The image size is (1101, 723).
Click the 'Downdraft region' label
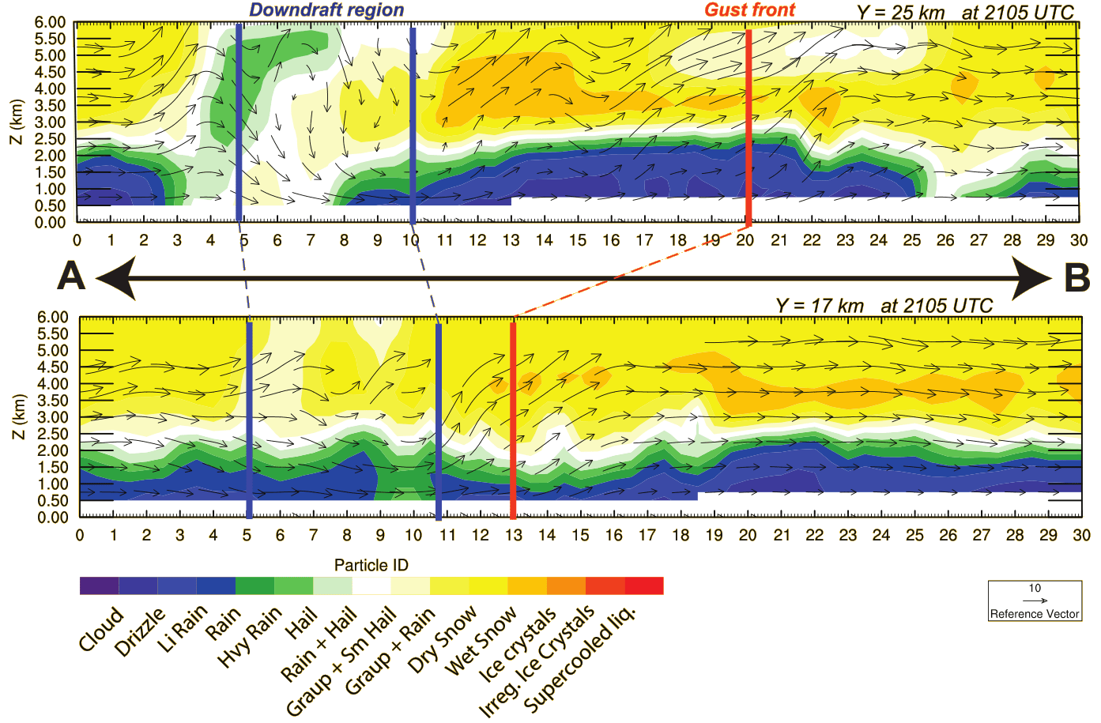tap(326, 10)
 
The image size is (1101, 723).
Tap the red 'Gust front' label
tap(750, 10)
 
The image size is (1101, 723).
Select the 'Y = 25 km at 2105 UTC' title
tap(965, 13)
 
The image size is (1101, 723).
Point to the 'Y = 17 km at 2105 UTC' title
tap(884, 306)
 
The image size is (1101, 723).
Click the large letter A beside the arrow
tap(71, 277)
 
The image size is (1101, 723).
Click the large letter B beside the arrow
tap(1077, 278)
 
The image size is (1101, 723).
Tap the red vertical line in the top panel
tap(748, 126)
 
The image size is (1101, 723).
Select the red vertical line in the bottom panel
tap(513, 419)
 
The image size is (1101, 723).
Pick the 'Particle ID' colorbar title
tap(371, 565)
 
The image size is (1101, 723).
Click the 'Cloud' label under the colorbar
tap(102, 629)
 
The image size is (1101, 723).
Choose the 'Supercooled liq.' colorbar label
tap(580, 657)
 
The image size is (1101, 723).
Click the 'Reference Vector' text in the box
tap(1035, 614)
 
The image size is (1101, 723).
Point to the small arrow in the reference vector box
tap(1035, 601)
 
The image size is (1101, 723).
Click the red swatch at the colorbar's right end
tap(644, 586)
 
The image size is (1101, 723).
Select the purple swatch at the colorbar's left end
tap(99, 586)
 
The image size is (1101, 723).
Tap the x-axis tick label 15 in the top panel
tap(578, 240)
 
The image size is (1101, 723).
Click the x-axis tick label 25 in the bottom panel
tap(914, 535)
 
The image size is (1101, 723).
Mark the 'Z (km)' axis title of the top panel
tap(17, 122)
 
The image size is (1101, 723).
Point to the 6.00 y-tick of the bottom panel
tap(52, 318)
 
